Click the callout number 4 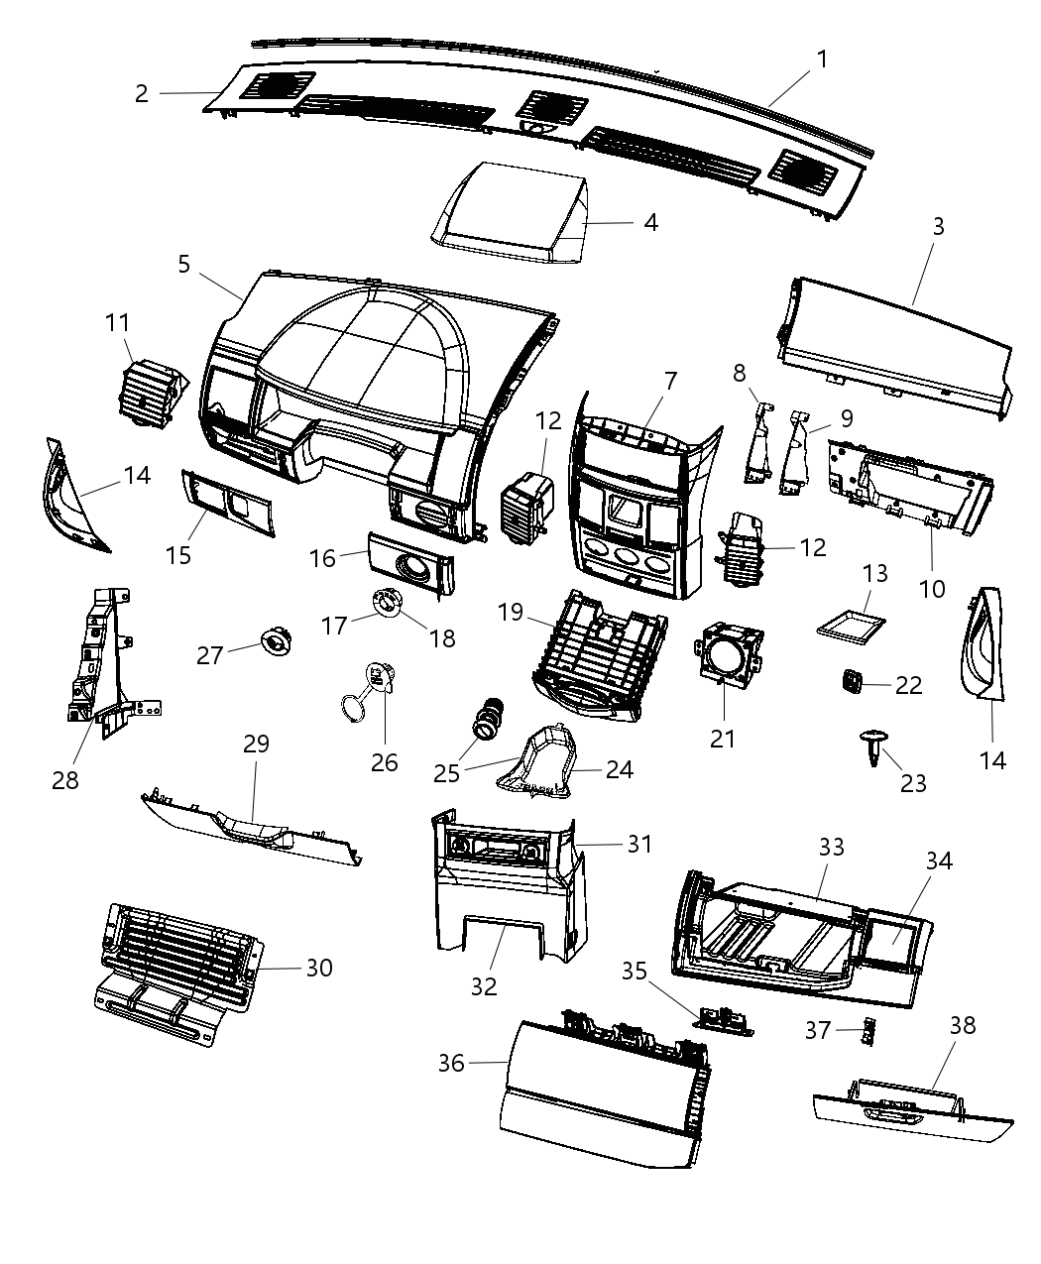coord(650,222)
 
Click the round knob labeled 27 coord(275,642)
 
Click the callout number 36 coord(451,1062)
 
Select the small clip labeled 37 coord(869,1032)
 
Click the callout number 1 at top coord(822,59)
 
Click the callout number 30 coord(318,967)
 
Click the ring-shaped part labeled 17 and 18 coord(385,604)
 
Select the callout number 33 coord(832,847)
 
